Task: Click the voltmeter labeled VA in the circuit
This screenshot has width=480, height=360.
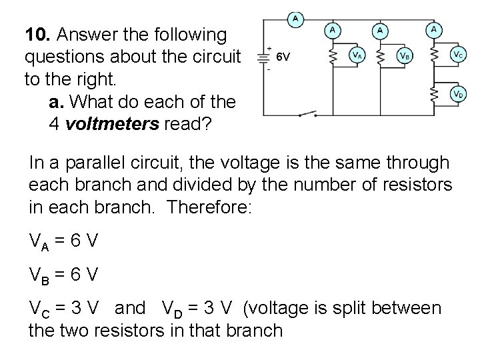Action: (x=357, y=56)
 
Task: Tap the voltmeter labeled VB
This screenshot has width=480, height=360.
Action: (x=404, y=56)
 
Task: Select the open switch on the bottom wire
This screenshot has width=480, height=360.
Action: (x=311, y=113)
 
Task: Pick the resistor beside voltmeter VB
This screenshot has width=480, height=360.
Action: (x=380, y=56)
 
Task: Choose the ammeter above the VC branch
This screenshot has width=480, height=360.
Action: (x=435, y=29)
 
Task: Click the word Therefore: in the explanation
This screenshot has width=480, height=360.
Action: (x=211, y=206)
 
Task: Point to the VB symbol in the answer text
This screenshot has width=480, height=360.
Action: (x=38, y=275)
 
